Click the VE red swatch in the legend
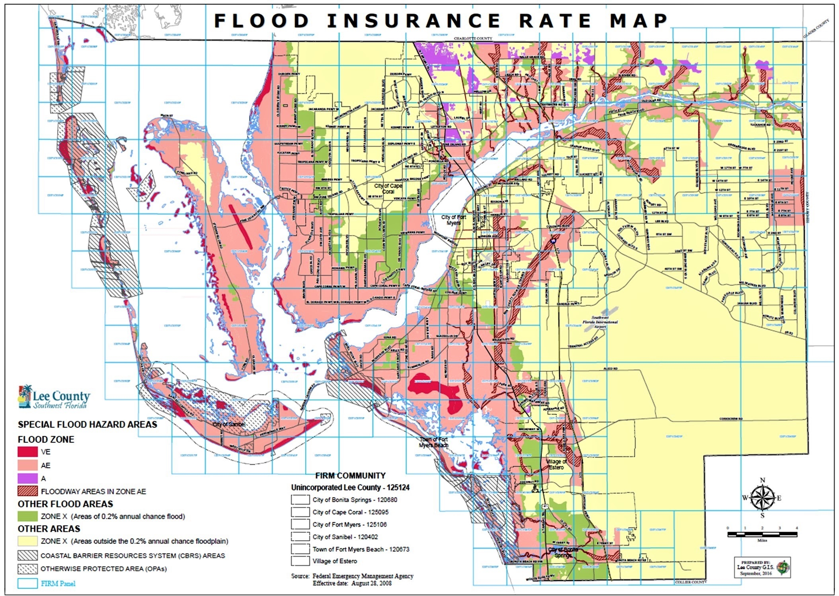(x=27, y=452)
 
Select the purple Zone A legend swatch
(x=27, y=478)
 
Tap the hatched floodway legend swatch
(x=27, y=491)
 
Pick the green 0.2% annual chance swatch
(x=27, y=516)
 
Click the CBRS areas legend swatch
(x=27, y=555)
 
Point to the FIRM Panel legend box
(x=27, y=583)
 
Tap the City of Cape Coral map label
(x=388, y=188)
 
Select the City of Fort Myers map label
(x=453, y=220)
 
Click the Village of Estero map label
(x=556, y=464)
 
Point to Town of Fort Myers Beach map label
(x=433, y=442)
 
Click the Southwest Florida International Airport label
(x=600, y=322)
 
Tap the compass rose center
(x=762, y=498)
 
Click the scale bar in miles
(x=762, y=534)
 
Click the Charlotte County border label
(x=473, y=39)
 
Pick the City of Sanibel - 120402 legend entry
(x=345, y=537)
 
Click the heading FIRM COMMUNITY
(x=350, y=476)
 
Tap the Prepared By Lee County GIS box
(x=762, y=567)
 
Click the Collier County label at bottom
(x=691, y=582)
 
